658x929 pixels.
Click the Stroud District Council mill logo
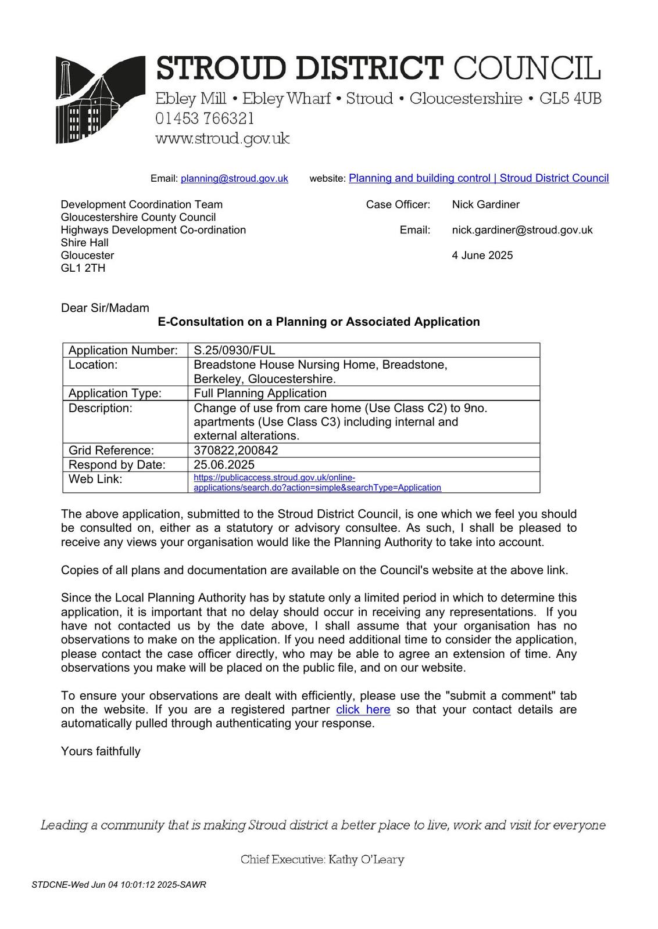tap(100, 99)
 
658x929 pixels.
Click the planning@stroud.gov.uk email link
tap(234, 179)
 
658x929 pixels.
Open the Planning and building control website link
tap(478, 178)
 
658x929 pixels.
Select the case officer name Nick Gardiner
tap(485, 204)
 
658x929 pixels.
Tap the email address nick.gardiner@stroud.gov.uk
tap(522, 230)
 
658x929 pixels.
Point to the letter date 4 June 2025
tap(482, 255)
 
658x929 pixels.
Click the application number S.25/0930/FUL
tap(234, 350)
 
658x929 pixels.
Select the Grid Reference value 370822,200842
tap(235, 451)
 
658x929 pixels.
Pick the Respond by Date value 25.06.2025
tap(224, 464)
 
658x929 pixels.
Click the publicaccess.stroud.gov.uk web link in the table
tap(317, 482)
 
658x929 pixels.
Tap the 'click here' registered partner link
tap(363, 710)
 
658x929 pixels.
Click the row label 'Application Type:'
tap(115, 393)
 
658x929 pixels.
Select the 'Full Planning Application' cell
tap(260, 393)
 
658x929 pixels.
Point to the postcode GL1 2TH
tap(83, 268)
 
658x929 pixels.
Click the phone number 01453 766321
tap(205, 118)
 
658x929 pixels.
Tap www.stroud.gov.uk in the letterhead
tap(222, 139)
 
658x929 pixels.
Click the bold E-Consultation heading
tap(319, 322)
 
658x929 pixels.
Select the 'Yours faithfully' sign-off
tap(101, 751)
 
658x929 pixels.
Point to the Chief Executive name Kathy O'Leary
tap(366, 859)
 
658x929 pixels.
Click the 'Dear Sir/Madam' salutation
tap(105, 308)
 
